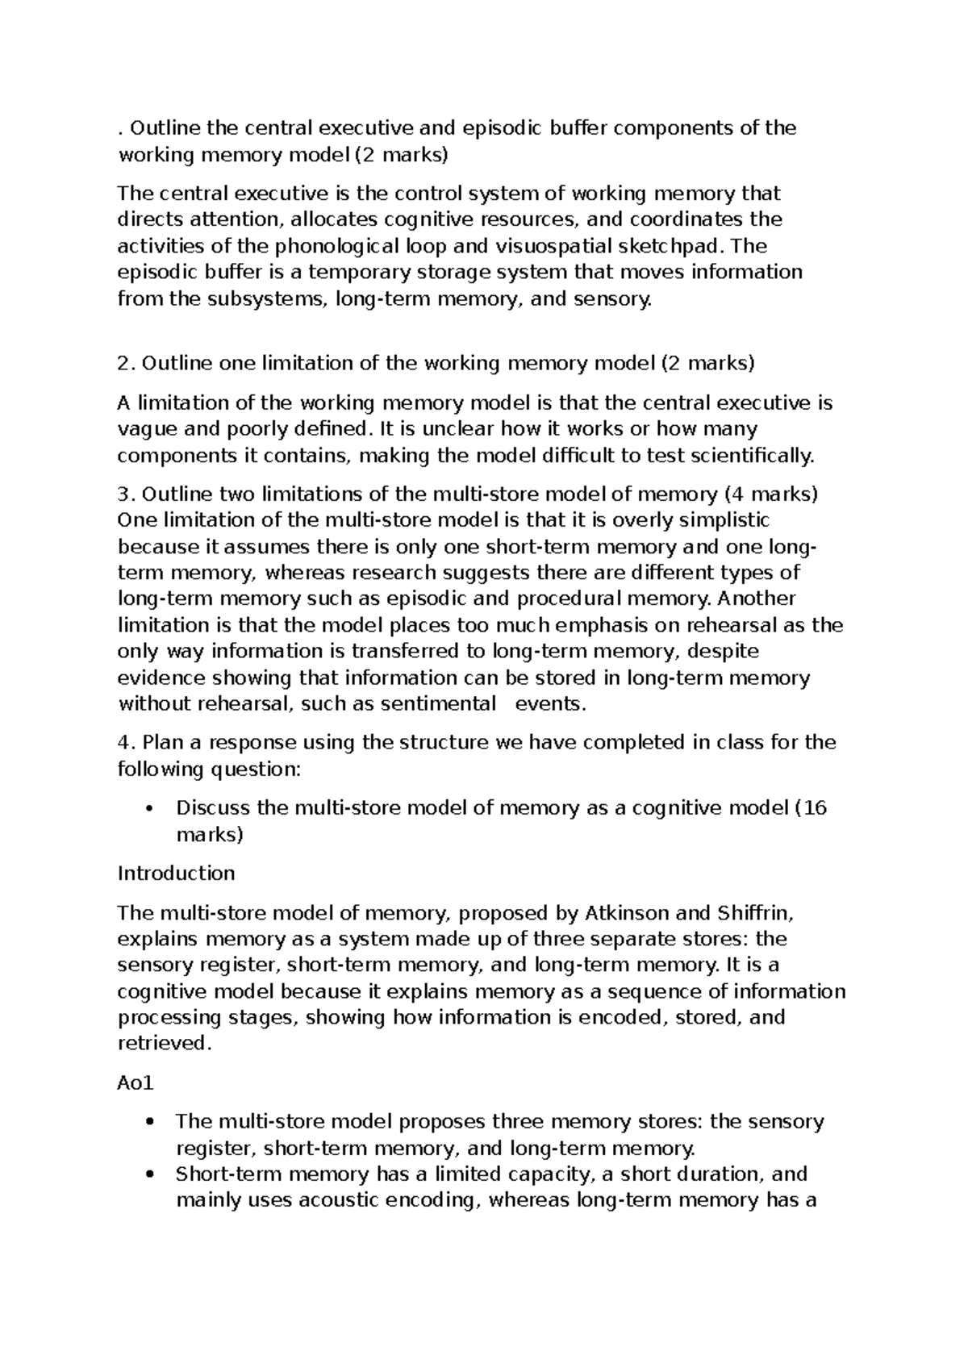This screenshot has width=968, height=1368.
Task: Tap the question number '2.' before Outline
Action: click(x=126, y=364)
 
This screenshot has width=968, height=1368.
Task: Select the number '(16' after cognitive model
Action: click(x=809, y=807)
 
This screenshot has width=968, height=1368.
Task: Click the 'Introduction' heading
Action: click(x=176, y=874)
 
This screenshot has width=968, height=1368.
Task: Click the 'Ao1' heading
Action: click(x=135, y=1083)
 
